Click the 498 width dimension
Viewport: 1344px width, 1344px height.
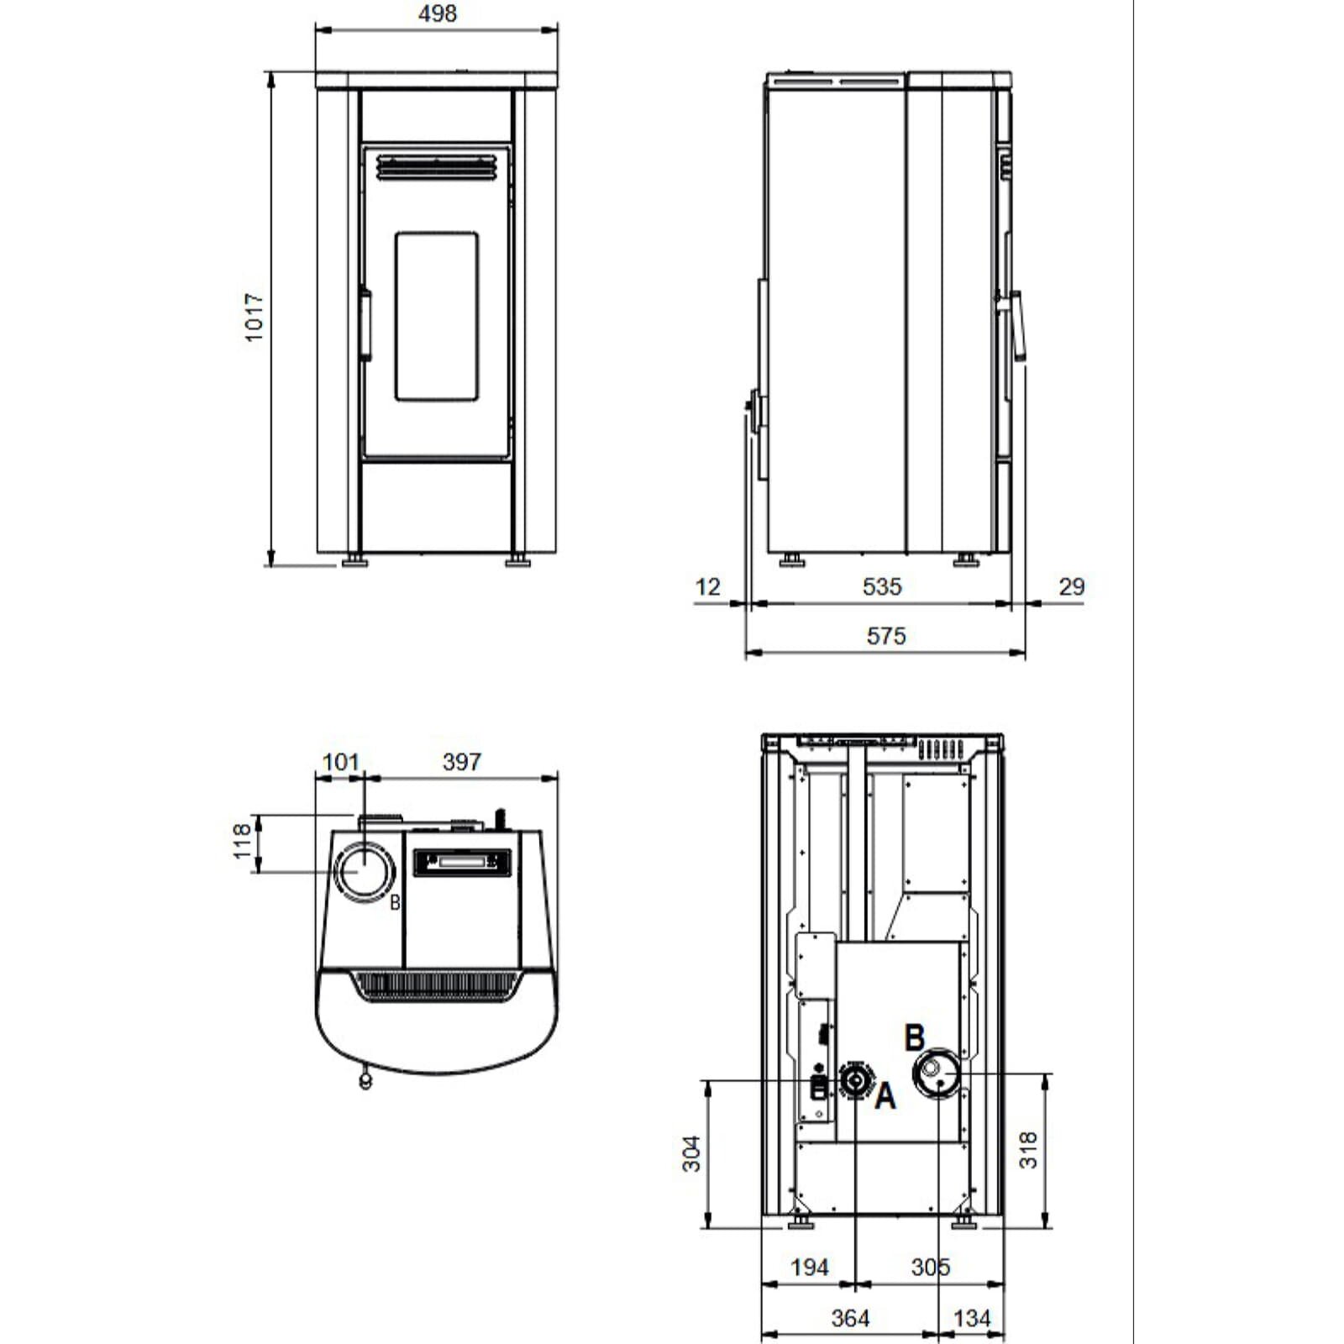pyautogui.click(x=437, y=13)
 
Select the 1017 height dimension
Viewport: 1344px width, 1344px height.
pyautogui.click(x=254, y=317)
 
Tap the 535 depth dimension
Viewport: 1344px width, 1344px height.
pyautogui.click(x=881, y=586)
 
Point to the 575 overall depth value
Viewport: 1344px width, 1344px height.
pyautogui.click(x=885, y=636)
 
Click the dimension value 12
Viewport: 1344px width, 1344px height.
pyautogui.click(x=707, y=586)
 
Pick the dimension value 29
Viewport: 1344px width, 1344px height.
pyautogui.click(x=1071, y=586)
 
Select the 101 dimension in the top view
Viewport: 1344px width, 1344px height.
pyautogui.click(x=340, y=762)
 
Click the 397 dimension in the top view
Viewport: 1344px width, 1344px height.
pyautogui.click(x=461, y=762)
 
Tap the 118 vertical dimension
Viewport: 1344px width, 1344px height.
pyautogui.click(x=242, y=841)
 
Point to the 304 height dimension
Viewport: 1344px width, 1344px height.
pyautogui.click(x=690, y=1153)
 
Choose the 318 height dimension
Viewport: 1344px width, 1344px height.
pyautogui.click(x=1028, y=1150)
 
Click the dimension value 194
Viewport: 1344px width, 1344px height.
pyautogui.click(x=809, y=1267)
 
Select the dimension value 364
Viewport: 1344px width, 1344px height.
pyautogui.click(x=849, y=1318)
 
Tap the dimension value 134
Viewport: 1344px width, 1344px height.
pyautogui.click(x=971, y=1318)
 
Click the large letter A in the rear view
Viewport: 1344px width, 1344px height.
pyautogui.click(x=885, y=1097)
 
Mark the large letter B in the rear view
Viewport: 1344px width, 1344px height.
pyautogui.click(x=914, y=1038)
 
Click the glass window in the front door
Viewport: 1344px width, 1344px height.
pyautogui.click(x=437, y=317)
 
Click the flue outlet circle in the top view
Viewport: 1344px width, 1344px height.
pyautogui.click(x=365, y=871)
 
